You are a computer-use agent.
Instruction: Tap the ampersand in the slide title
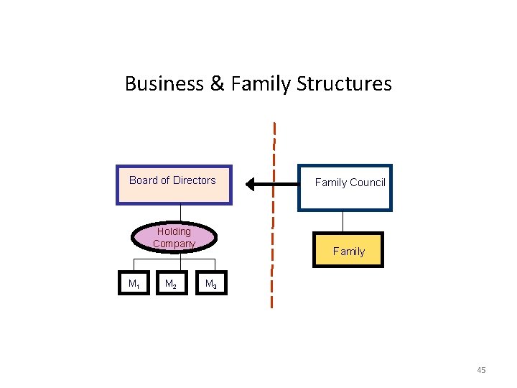coord(218,84)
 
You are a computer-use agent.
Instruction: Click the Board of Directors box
coord(174,185)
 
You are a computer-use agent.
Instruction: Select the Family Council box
coord(345,188)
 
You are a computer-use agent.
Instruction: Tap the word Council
coord(367,183)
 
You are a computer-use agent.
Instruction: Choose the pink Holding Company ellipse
coord(174,238)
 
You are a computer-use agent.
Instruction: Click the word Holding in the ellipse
coord(174,231)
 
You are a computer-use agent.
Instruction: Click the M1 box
coord(133,285)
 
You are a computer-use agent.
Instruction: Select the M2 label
coord(171,285)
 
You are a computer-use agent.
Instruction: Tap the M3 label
coord(211,285)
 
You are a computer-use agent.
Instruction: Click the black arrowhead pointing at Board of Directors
coord(251,185)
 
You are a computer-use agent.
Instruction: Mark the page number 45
coord(480,370)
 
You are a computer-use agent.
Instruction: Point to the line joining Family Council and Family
coord(343,221)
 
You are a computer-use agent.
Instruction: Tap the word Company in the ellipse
coord(174,244)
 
